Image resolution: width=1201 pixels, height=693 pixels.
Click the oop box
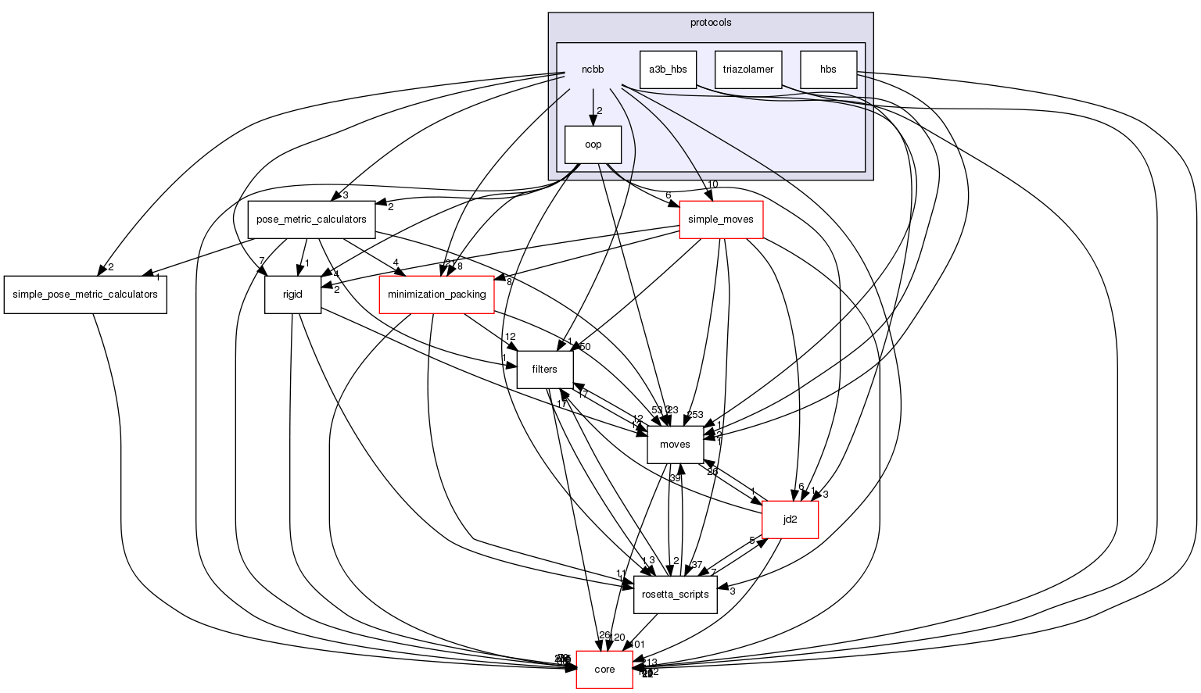(593, 145)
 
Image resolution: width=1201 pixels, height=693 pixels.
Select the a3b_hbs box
(668, 70)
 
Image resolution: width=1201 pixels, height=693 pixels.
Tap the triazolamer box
(747, 70)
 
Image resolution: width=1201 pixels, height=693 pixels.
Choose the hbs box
(828, 70)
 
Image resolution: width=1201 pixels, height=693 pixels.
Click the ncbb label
(592, 70)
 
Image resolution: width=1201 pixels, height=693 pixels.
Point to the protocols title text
(710, 23)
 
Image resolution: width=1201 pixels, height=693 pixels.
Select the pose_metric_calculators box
(311, 220)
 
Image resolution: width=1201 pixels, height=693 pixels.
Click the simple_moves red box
(720, 220)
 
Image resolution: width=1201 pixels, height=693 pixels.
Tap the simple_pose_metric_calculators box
(85, 295)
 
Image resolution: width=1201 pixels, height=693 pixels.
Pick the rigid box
(292, 295)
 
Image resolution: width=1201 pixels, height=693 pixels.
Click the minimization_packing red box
(436, 295)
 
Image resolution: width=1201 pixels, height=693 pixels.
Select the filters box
(544, 370)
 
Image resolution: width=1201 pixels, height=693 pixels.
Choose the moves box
(675, 445)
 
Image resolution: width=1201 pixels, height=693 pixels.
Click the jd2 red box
(790, 520)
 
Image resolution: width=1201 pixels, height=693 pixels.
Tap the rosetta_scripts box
(675, 595)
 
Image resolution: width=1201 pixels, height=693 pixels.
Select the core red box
(604, 670)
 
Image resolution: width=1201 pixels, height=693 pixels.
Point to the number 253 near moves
(694, 415)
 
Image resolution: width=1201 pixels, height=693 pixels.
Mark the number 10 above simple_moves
(712, 184)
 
